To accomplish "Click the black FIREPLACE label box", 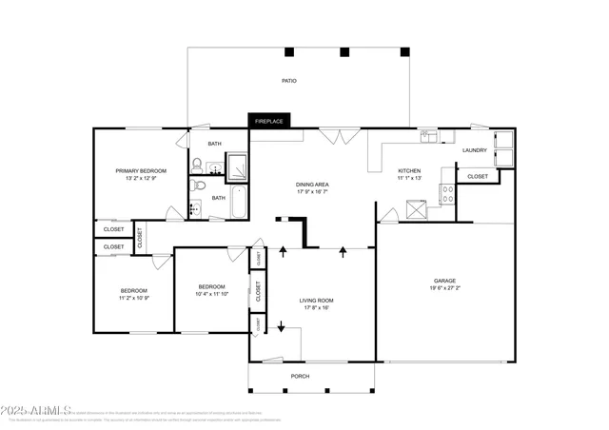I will pos(270,121).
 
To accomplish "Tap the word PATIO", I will pos(288,81).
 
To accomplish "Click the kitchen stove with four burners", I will pos(446,195).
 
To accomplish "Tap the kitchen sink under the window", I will pos(430,136).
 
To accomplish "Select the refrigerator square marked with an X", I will pos(415,209).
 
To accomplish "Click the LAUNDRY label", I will pos(475,150).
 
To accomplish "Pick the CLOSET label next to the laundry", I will pos(478,176).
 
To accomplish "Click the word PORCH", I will pos(300,375).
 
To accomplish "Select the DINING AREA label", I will pos(313,185).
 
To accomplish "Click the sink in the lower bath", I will pos(195,207).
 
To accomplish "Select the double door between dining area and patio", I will pos(333,137).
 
